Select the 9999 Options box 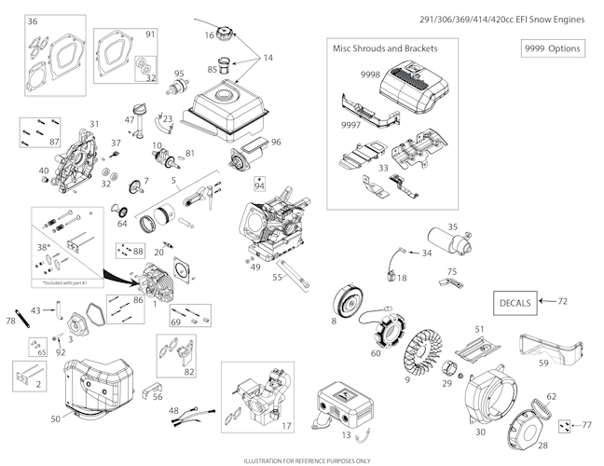click(x=552, y=48)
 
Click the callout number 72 click(x=574, y=302)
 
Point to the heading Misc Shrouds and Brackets click(x=384, y=48)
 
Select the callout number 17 click(x=286, y=426)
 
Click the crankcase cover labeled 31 click(x=74, y=162)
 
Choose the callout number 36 click(x=33, y=21)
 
